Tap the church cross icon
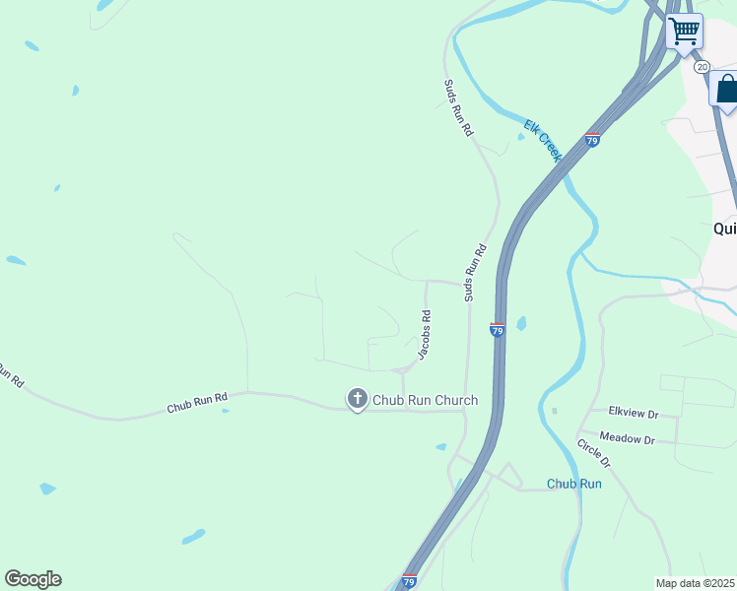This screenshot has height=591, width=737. [x=357, y=399]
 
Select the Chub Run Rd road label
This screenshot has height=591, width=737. [x=197, y=403]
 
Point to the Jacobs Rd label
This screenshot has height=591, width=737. [x=426, y=336]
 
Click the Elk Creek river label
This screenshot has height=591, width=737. [x=543, y=140]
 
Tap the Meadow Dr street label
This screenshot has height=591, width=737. [x=627, y=439]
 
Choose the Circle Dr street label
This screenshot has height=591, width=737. [x=594, y=453]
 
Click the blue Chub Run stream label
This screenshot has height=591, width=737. [x=574, y=484]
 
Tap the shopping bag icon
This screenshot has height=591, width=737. [x=726, y=90]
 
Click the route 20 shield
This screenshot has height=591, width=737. [x=701, y=66]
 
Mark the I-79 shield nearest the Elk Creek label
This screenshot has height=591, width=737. [x=592, y=140]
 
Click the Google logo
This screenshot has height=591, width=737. [x=33, y=579]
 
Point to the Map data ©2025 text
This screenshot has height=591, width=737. [x=696, y=583]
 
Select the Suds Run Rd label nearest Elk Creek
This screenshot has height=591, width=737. [x=459, y=108]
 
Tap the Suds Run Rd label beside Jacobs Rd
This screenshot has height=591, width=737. [x=476, y=273]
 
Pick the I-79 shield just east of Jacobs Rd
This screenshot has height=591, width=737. [x=498, y=330]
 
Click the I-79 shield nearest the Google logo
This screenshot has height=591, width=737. [x=409, y=582]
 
